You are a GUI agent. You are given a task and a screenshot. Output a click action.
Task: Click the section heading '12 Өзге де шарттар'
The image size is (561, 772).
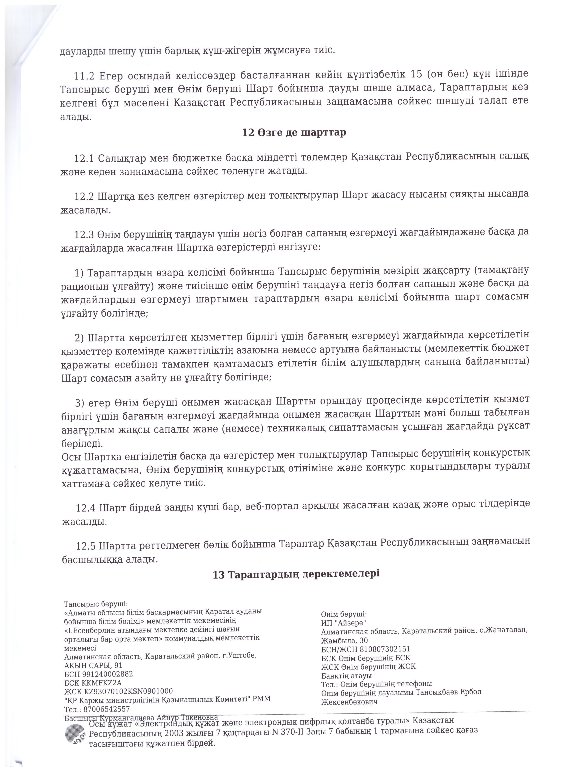click(x=294, y=132)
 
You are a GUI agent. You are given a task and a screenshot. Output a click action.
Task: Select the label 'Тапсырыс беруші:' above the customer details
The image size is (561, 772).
click(x=96, y=604)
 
